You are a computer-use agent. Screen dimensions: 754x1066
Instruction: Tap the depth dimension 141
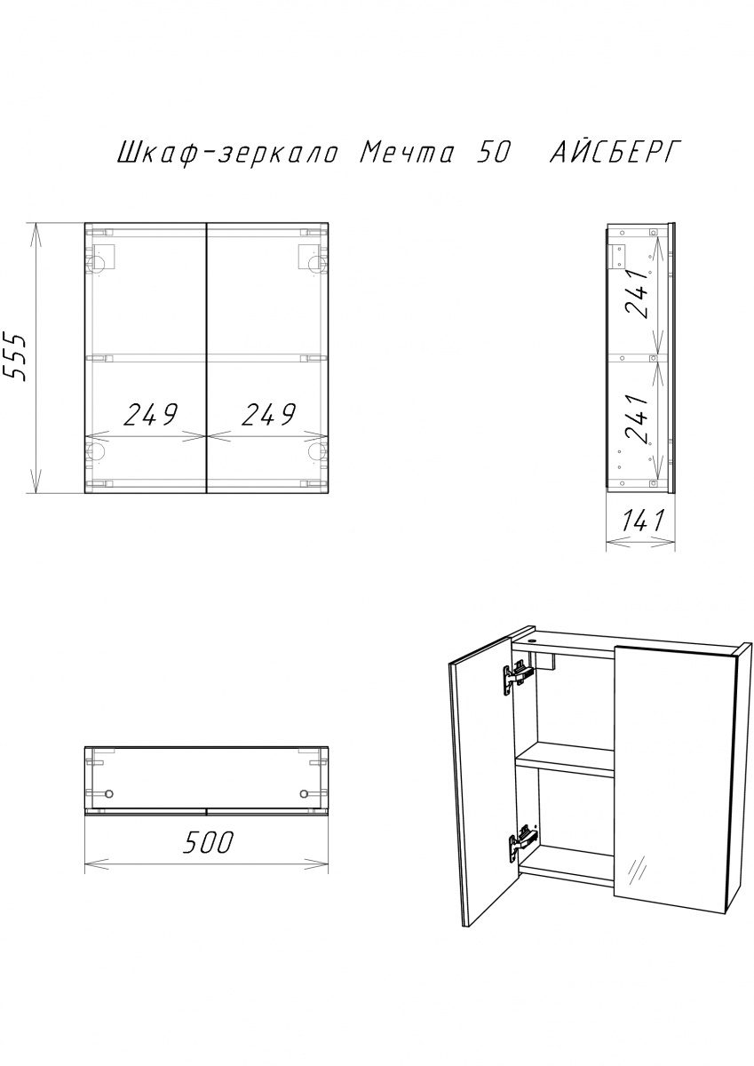641,521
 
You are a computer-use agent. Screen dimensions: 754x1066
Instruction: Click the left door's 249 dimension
150,414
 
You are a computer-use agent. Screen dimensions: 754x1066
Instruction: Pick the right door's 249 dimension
268,414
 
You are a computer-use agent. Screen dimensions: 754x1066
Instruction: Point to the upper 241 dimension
638,294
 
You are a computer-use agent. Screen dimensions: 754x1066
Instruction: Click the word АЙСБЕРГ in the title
613,152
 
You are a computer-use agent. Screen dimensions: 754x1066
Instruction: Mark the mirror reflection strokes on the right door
639,869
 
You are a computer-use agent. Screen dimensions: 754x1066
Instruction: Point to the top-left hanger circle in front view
96,262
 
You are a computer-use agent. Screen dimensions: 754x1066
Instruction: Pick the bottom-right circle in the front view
316,451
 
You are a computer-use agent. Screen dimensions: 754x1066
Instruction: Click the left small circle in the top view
109,794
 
